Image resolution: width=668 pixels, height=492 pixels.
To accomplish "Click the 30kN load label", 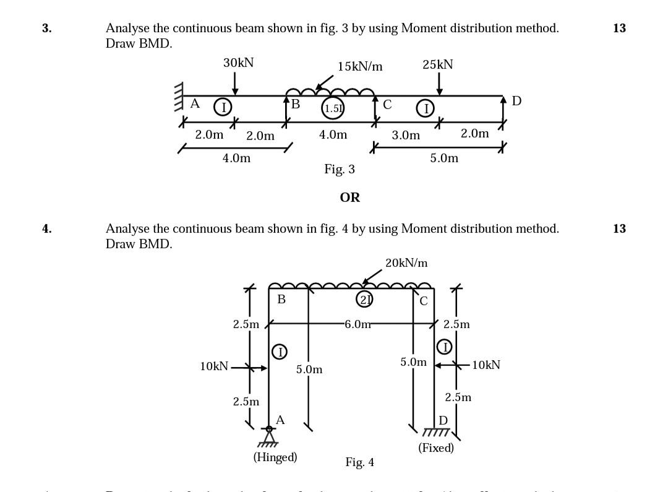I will (x=238, y=63).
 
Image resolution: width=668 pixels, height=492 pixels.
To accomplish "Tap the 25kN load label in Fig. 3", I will (x=438, y=64).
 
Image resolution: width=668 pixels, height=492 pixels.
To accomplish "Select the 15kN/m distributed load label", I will (x=360, y=66).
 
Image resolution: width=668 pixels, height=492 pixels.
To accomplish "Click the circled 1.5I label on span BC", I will (x=333, y=108).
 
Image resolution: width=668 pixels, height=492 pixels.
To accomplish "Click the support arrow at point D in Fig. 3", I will (x=503, y=109).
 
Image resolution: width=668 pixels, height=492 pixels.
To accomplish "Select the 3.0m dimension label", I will (x=406, y=135).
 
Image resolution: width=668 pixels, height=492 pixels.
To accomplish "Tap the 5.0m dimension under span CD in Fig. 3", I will (x=444, y=158).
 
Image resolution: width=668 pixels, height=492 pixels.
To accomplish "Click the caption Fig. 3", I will (x=340, y=169).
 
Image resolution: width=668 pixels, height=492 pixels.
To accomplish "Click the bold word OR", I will (x=349, y=197).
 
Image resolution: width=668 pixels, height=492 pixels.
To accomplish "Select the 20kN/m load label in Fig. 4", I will (x=406, y=263).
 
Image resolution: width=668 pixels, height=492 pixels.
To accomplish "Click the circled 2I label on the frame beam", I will (x=364, y=300).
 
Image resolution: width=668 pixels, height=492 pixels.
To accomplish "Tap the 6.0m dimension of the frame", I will (x=358, y=324).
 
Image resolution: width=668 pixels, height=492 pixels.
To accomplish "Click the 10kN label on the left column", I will (x=214, y=366).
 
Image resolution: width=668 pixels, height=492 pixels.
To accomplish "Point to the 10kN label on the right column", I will (x=486, y=365).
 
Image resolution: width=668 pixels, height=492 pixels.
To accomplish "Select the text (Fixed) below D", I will (x=436, y=447).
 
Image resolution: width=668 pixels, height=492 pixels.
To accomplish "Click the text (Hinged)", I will (x=275, y=457).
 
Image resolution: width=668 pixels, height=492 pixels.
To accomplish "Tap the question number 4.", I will (x=47, y=228).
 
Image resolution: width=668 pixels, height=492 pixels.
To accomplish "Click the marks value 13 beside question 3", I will (x=619, y=28).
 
